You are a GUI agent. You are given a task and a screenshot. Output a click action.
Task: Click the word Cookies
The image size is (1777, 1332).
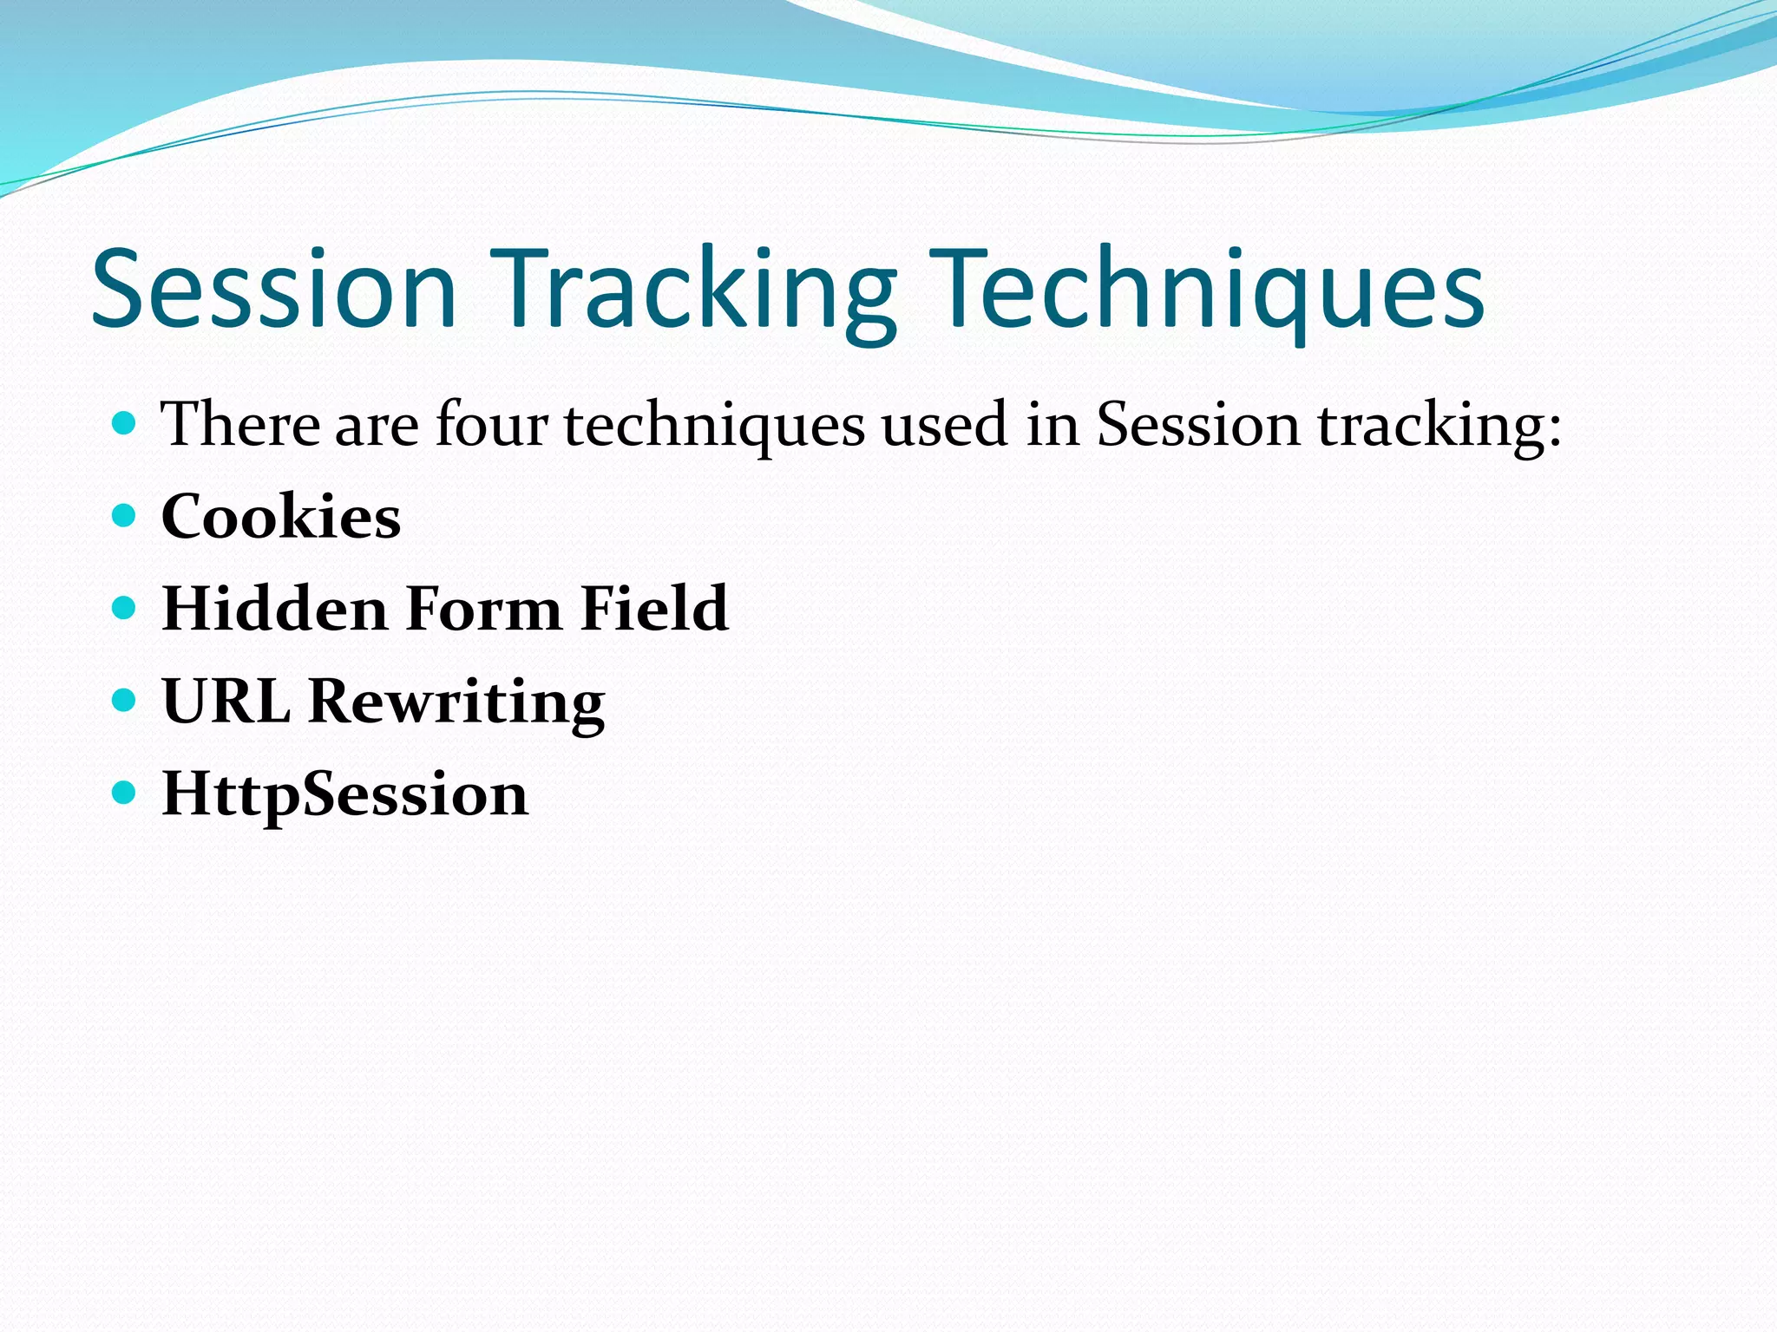pos(280,517)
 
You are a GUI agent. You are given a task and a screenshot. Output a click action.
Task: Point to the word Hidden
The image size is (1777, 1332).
pos(274,609)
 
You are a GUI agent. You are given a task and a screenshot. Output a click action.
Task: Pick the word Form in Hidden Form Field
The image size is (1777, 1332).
pos(484,609)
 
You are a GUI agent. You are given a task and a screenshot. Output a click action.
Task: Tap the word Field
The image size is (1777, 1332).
pos(654,609)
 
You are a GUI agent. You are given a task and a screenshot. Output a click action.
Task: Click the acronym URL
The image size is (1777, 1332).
pos(226,701)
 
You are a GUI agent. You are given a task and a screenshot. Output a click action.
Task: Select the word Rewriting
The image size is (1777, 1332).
pos(456,702)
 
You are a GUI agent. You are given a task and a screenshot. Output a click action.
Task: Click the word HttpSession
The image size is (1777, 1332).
pos(344,794)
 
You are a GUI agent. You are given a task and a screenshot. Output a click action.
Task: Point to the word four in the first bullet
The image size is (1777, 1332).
pos(491,425)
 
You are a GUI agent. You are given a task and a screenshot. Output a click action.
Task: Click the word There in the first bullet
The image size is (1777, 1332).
pos(240,425)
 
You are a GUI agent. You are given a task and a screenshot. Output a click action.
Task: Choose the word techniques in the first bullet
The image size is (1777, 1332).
pos(714,427)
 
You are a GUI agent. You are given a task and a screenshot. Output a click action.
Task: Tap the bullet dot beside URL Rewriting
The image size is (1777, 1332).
pos(125,700)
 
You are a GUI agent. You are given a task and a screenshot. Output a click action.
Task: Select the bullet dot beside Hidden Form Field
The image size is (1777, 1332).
pos(125,608)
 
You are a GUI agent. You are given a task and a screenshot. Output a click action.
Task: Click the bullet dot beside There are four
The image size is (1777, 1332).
pos(125,423)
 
